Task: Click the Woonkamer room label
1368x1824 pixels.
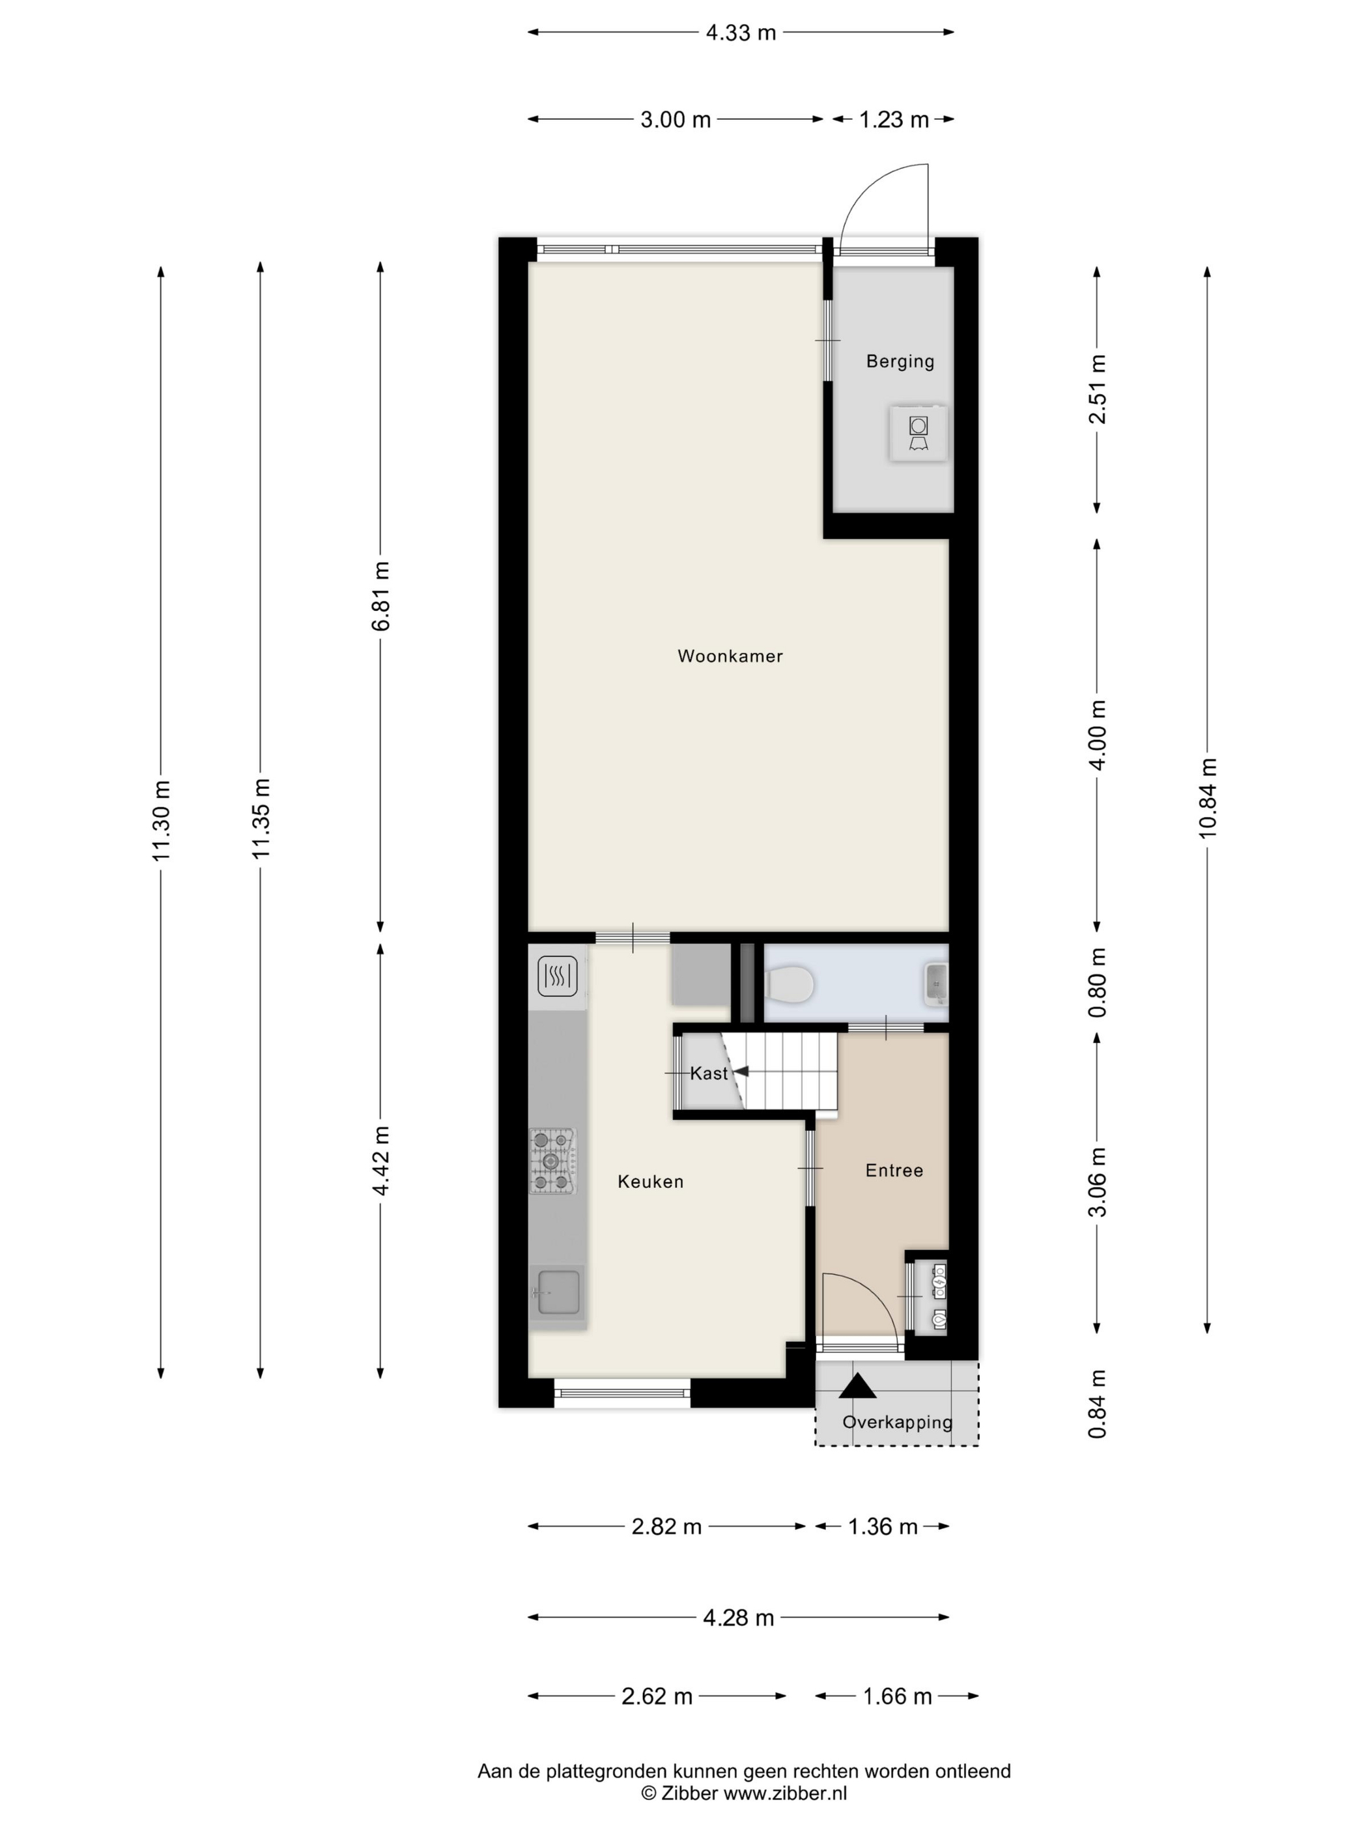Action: coord(730,657)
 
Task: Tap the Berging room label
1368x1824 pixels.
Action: coord(900,361)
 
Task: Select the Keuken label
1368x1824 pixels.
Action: coord(651,1182)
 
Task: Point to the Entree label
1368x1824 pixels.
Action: coord(894,1170)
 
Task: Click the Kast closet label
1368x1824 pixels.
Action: coord(709,1073)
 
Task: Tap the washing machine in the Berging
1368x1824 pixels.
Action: coord(918,433)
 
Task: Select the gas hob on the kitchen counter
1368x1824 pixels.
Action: coord(552,1161)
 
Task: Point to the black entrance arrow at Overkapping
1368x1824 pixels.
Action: coord(857,1386)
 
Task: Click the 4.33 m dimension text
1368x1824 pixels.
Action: coord(741,32)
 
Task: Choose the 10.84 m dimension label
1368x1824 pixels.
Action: coord(1208,797)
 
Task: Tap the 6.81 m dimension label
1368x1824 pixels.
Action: coord(380,596)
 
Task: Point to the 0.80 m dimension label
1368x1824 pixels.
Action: coord(1097,982)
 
